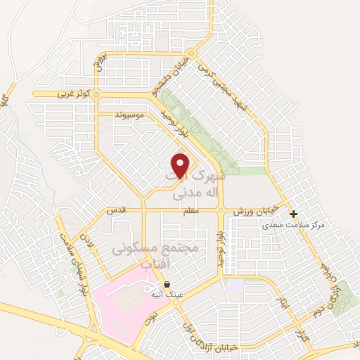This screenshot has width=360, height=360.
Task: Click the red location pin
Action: tap(181, 165)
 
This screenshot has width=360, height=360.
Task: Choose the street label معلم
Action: tap(190, 210)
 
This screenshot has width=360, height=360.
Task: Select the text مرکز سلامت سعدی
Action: tap(288, 226)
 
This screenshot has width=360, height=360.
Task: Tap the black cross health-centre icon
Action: tap(294, 214)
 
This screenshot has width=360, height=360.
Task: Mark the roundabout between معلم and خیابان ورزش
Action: tap(221, 210)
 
